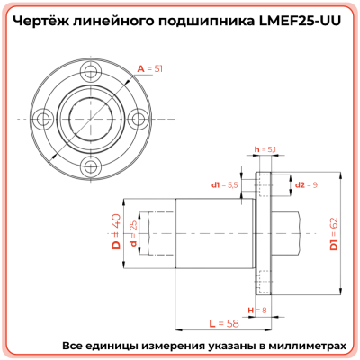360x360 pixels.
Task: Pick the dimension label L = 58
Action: click(213, 321)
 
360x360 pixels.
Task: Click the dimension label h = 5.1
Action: click(266, 148)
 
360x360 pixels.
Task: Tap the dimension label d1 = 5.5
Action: click(225, 184)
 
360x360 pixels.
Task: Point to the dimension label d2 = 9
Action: click(307, 184)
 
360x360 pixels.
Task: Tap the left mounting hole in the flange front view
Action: click(42, 118)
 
